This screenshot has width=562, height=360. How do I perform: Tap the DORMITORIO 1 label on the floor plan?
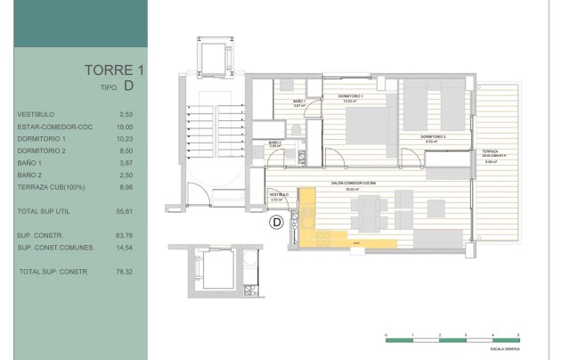[x=354, y=95]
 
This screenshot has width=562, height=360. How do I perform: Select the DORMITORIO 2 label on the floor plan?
[x=435, y=136]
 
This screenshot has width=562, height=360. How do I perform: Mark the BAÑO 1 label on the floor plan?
[x=300, y=102]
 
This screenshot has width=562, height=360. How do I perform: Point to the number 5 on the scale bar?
[x=518, y=332]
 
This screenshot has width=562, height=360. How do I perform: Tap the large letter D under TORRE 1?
[x=129, y=87]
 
